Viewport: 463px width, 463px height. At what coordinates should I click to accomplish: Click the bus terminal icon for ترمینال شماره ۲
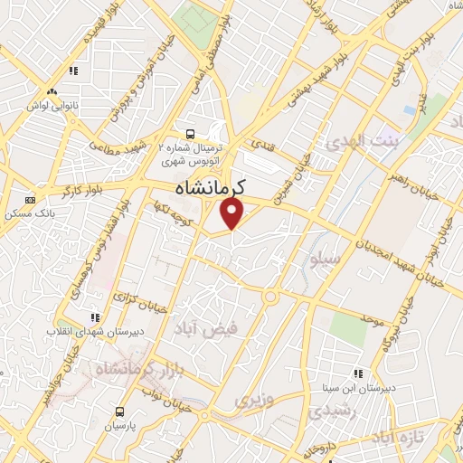pos(188,130)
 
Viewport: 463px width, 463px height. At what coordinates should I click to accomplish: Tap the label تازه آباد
pos(399,438)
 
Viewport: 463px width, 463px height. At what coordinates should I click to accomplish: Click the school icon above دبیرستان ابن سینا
pos(358,373)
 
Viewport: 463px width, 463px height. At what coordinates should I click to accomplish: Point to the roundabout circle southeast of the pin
pos(269,297)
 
